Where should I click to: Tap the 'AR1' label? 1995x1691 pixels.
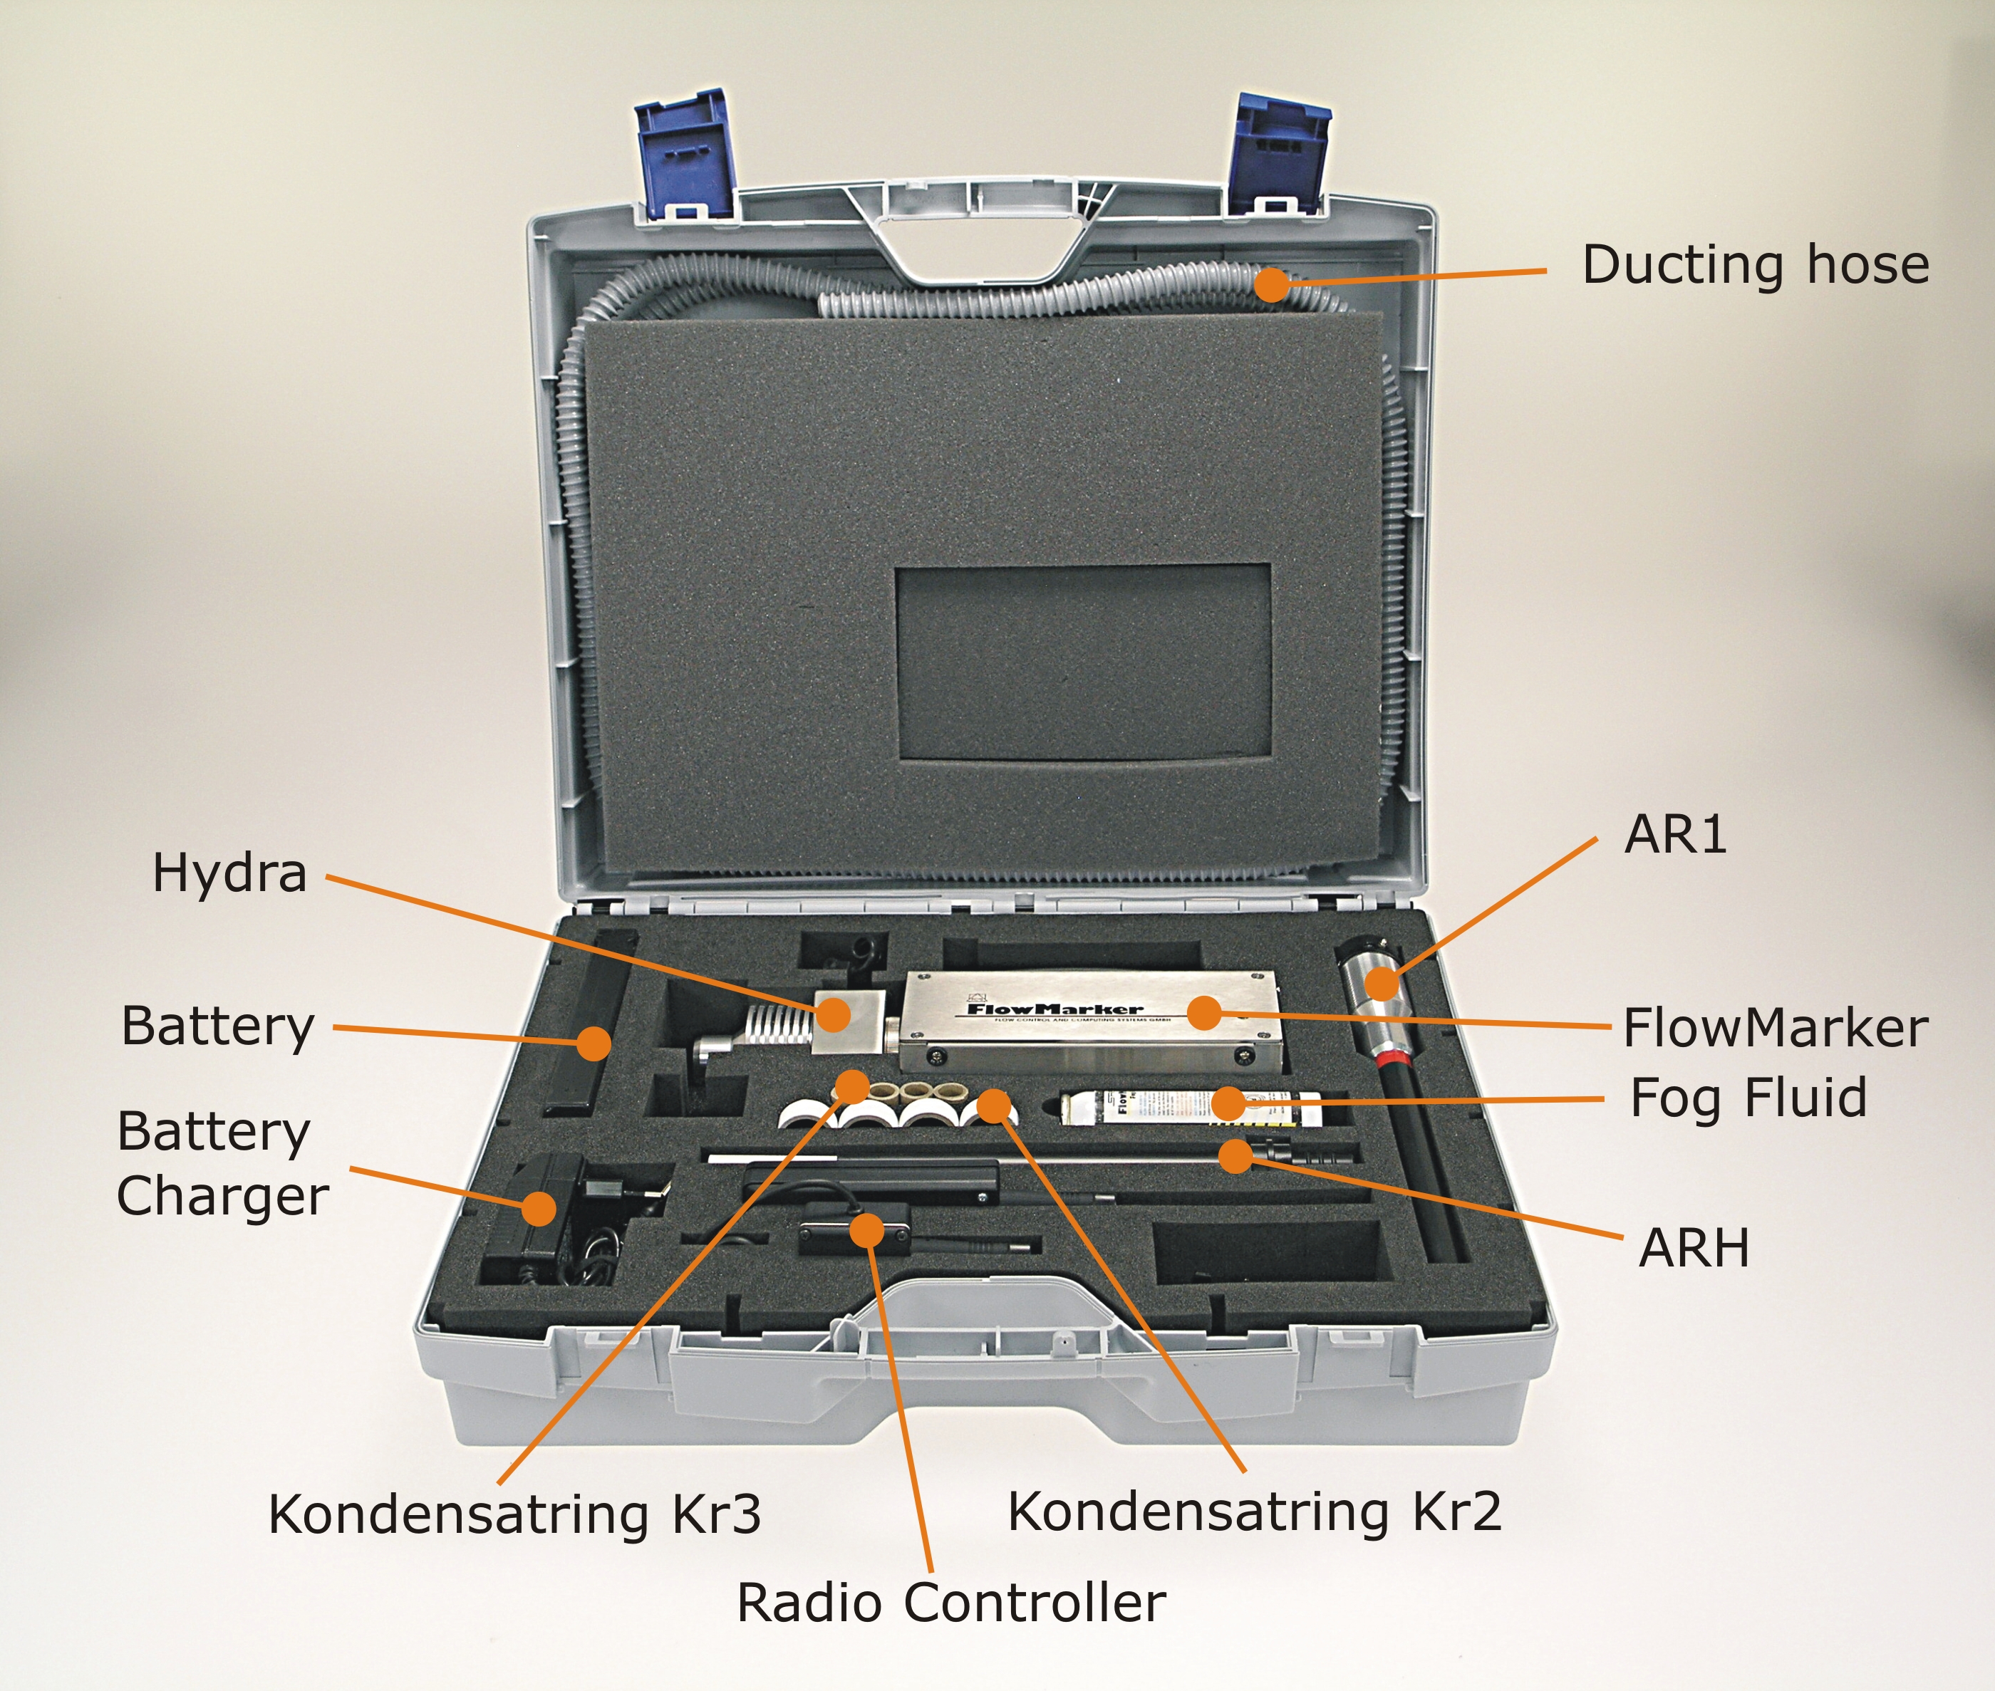point(1675,834)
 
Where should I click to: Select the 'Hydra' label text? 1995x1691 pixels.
point(229,873)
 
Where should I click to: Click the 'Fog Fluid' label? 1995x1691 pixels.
point(1748,1098)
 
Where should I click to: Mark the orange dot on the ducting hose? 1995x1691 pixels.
point(1272,283)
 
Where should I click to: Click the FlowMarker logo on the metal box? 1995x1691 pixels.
point(1054,1009)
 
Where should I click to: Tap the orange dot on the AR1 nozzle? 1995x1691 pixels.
point(1382,982)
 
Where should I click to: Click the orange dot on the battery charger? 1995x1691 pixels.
point(540,1208)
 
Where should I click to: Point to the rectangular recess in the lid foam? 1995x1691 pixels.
point(1082,662)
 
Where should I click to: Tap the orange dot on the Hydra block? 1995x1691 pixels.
point(834,1014)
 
